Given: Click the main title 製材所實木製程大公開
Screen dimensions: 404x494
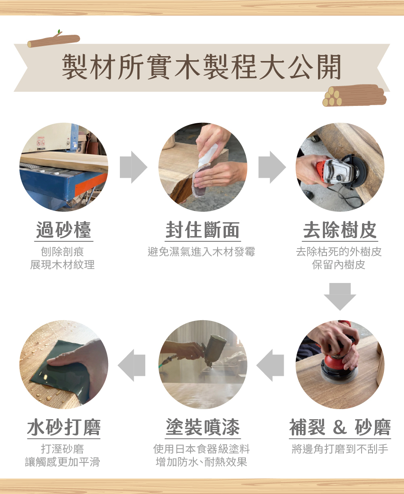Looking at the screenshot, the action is [201, 67].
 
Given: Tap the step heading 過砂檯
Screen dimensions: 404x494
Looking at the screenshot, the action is [64, 230].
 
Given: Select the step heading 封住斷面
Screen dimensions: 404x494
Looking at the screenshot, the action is [203, 230].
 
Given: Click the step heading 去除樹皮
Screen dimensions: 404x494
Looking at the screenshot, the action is [340, 230].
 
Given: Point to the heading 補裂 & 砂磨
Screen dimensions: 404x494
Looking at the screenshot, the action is [340, 427].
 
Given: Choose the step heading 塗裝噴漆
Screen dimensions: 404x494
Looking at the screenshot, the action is [203, 427].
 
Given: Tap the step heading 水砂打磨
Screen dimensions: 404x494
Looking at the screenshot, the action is [64, 427].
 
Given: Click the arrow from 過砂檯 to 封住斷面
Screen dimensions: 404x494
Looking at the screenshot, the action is [134, 167].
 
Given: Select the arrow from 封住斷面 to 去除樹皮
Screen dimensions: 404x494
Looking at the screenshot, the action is [272, 167].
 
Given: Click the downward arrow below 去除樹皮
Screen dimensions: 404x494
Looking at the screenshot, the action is [340, 297].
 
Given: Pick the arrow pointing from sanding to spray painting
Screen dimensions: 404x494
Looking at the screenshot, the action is [270, 365].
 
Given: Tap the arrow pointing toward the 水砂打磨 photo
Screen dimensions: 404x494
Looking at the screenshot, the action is [132, 365].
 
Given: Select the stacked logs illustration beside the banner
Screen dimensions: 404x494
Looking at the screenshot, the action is [354, 95].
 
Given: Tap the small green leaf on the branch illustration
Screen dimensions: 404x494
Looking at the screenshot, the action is [59, 32].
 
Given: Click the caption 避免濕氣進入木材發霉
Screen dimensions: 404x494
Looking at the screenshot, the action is [201, 252].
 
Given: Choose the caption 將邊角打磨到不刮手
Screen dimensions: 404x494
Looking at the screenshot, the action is [340, 449].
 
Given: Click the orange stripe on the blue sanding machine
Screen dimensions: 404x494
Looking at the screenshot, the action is [91, 185].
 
